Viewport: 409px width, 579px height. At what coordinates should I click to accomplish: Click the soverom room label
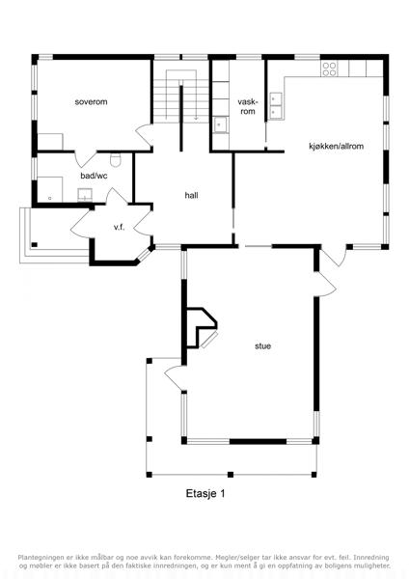click(91, 102)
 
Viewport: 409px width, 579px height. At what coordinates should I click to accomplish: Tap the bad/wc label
click(95, 176)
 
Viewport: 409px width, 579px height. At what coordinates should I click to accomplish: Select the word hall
click(191, 195)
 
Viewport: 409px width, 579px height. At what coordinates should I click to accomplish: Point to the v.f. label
click(119, 228)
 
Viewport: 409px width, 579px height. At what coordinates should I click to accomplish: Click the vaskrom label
click(248, 106)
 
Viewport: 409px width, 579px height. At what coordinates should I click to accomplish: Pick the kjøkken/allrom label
click(336, 147)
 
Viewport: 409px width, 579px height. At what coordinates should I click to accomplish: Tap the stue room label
click(262, 346)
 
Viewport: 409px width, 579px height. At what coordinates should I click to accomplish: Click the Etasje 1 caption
click(205, 493)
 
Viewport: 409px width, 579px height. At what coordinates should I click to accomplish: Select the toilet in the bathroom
click(116, 159)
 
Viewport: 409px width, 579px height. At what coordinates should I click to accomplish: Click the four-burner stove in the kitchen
click(329, 69)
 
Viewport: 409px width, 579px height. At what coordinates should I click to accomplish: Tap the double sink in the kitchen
click(276, 105)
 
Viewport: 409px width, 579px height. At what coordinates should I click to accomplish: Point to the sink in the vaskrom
click(221, 124)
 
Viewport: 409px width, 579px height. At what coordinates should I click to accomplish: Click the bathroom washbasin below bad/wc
click(85, 195)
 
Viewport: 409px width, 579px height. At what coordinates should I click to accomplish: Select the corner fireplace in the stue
click(202, 328)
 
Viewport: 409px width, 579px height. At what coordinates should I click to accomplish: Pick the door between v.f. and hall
click(143, 223)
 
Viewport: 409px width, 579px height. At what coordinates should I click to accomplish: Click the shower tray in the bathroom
click(50, 189)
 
